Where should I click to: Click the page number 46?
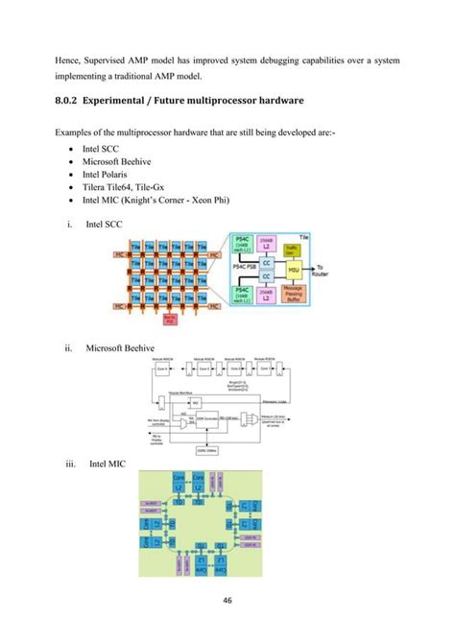tap(227, 603)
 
